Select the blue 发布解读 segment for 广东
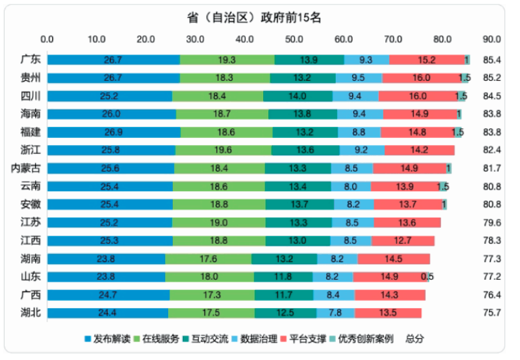coord(113,60)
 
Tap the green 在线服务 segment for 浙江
coord(223,150)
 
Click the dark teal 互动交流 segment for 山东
coord(283,277)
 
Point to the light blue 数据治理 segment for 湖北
coord(335,313)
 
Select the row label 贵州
coord(31,78)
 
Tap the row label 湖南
coord(31,259)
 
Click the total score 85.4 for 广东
coord(491,60)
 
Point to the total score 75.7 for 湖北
coord(491,313)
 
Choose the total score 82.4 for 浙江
coord(491,150)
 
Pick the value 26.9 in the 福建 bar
coord(113,132)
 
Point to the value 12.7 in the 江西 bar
coord(403,241)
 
